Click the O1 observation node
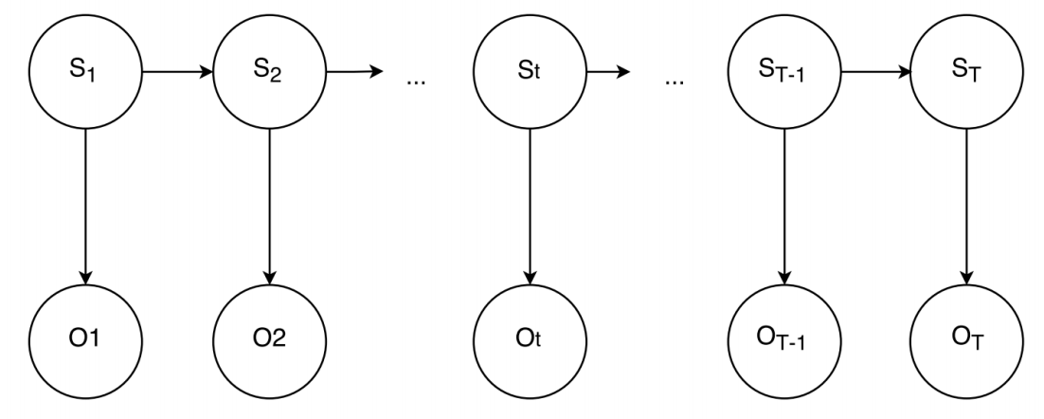coord(86,339)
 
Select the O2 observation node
coord(269,339)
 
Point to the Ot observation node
coord(529,339)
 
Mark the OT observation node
coord(965,339)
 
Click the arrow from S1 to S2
coord(177,71)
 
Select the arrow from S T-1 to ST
coord(875,71)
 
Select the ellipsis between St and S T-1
coord(675,81)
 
